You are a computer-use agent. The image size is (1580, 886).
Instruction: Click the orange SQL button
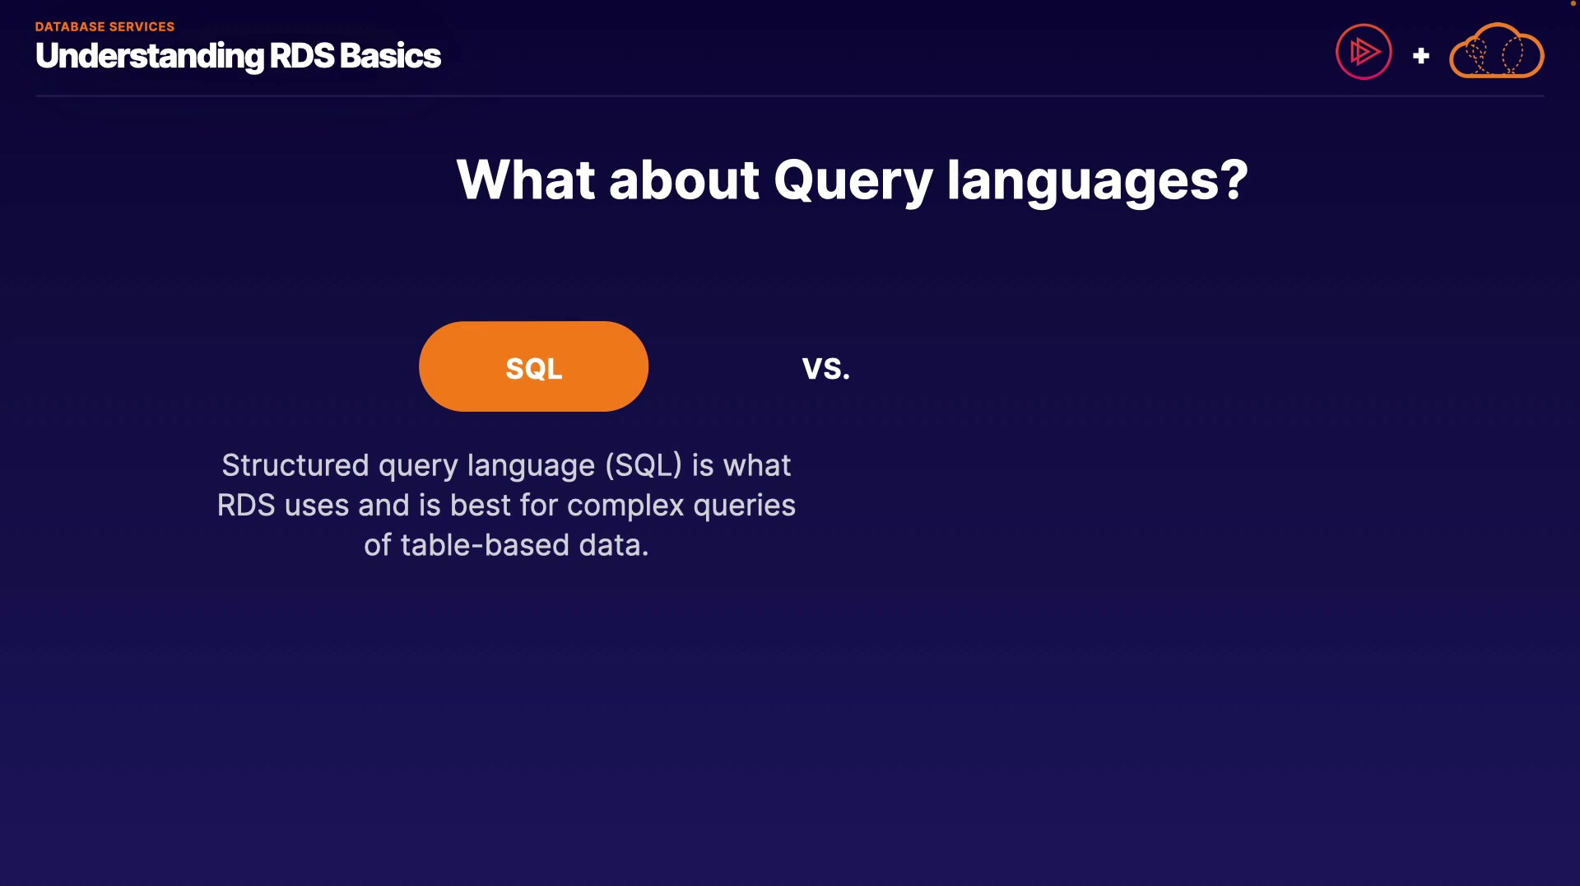533,366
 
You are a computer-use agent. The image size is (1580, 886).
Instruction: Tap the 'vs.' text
826,368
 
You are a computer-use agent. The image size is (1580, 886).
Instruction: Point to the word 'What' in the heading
526,180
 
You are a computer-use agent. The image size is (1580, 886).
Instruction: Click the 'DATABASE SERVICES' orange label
105,26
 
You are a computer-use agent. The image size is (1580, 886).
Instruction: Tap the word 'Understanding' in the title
150,57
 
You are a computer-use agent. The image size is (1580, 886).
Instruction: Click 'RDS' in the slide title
302,56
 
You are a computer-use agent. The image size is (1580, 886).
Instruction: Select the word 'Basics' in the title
390,56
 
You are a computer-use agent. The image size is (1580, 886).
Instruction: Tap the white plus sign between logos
1420,56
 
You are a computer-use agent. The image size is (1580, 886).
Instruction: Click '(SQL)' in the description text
644,466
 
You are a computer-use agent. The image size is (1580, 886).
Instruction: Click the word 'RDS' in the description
246,506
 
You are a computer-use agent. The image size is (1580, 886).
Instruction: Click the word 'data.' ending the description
614,545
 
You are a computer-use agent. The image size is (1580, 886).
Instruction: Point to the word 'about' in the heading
684,180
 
